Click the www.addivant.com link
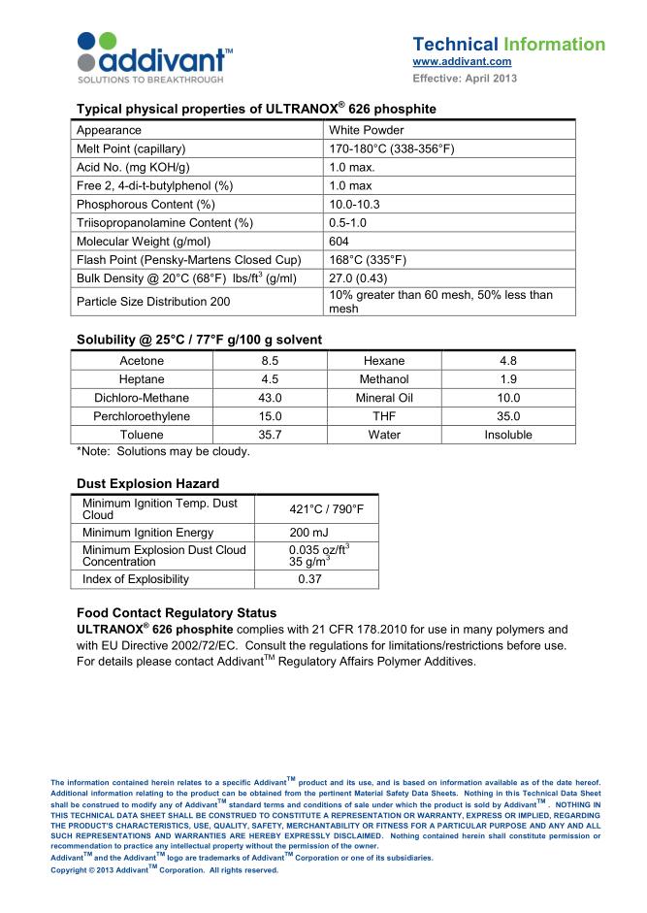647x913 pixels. (462, 62)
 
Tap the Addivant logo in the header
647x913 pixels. (154, 54)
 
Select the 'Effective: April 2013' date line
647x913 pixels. (465, 78)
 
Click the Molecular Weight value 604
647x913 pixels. (340, 241)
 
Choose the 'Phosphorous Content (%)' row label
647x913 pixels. (146, 204)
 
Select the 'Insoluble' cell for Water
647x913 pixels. (508, 435)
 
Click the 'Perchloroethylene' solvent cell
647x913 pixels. (142, 416)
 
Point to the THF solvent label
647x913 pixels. (384, 416)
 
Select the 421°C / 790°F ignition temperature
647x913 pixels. (320, 508)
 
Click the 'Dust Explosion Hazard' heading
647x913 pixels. (147, 483)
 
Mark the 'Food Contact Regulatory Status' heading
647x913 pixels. (177, 613)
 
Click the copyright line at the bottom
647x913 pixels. (164, 870)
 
